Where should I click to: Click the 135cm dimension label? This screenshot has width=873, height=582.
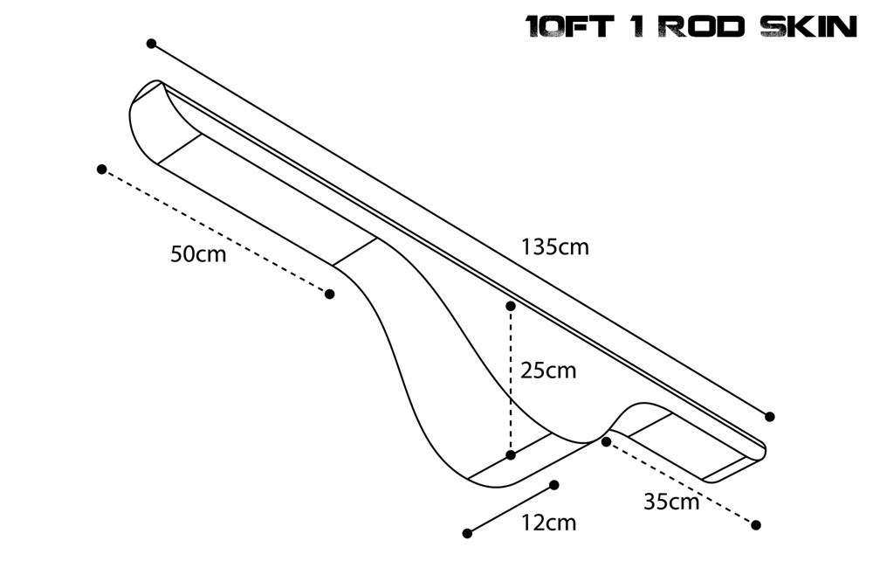[555, 247]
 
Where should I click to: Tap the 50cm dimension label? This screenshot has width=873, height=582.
[198, 254]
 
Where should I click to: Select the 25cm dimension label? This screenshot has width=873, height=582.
[547, 371]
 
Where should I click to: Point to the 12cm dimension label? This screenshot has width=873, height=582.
[548, 523]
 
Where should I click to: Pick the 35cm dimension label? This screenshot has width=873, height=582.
[671, 502]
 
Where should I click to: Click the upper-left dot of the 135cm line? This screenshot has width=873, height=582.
[151, 43]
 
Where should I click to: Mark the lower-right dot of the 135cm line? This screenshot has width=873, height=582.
[769, 416]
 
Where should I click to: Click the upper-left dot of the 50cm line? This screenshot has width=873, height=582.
[102, 169]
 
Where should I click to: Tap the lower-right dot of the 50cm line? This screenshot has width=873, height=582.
[329, 294]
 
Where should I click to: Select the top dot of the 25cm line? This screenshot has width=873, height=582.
[511, 306]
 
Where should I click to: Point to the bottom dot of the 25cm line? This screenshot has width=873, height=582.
[511, 454]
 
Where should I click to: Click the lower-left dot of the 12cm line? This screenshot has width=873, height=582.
[467, 533]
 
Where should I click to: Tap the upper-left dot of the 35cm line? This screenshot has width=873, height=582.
[606, 441]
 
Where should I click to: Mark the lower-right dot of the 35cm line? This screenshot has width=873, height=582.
[756, 524]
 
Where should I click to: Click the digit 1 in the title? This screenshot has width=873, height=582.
[638, 26]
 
